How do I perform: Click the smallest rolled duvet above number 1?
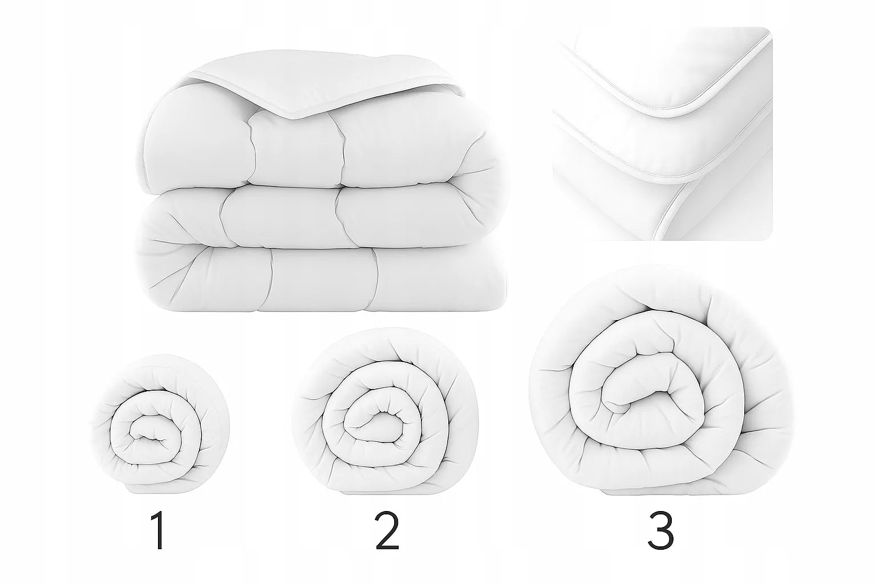(160, 424)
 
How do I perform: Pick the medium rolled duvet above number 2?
(385, 411)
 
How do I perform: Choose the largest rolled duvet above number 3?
(661, 379)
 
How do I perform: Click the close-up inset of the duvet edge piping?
(663, 133)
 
